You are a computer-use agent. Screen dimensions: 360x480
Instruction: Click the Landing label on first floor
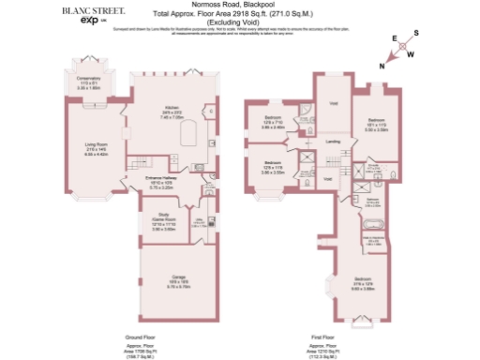[332, 142]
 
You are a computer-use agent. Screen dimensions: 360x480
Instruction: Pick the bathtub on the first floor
[370, 223]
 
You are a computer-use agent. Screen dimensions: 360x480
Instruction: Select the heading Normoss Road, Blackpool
[236, 7]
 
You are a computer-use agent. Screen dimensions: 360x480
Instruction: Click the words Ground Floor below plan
[141, 336]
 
